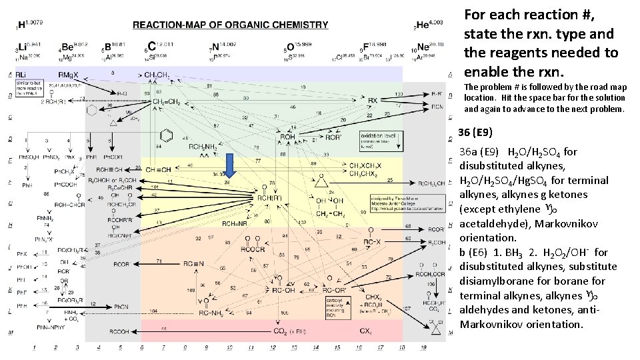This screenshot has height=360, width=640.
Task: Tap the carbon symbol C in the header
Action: (x=152, y=46)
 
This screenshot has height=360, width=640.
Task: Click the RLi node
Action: (x=23, y=74)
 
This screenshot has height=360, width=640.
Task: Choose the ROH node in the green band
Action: (x=287, y=137)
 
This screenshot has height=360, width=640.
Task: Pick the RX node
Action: (x=373, y=100)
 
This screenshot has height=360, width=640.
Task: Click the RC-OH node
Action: (x=281, y=290)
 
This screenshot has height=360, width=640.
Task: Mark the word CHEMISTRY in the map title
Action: (x=302, y=25)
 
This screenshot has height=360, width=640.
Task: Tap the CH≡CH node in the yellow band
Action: (x=159, y=169)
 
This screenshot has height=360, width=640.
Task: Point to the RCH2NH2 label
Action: (x=204, y=147)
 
